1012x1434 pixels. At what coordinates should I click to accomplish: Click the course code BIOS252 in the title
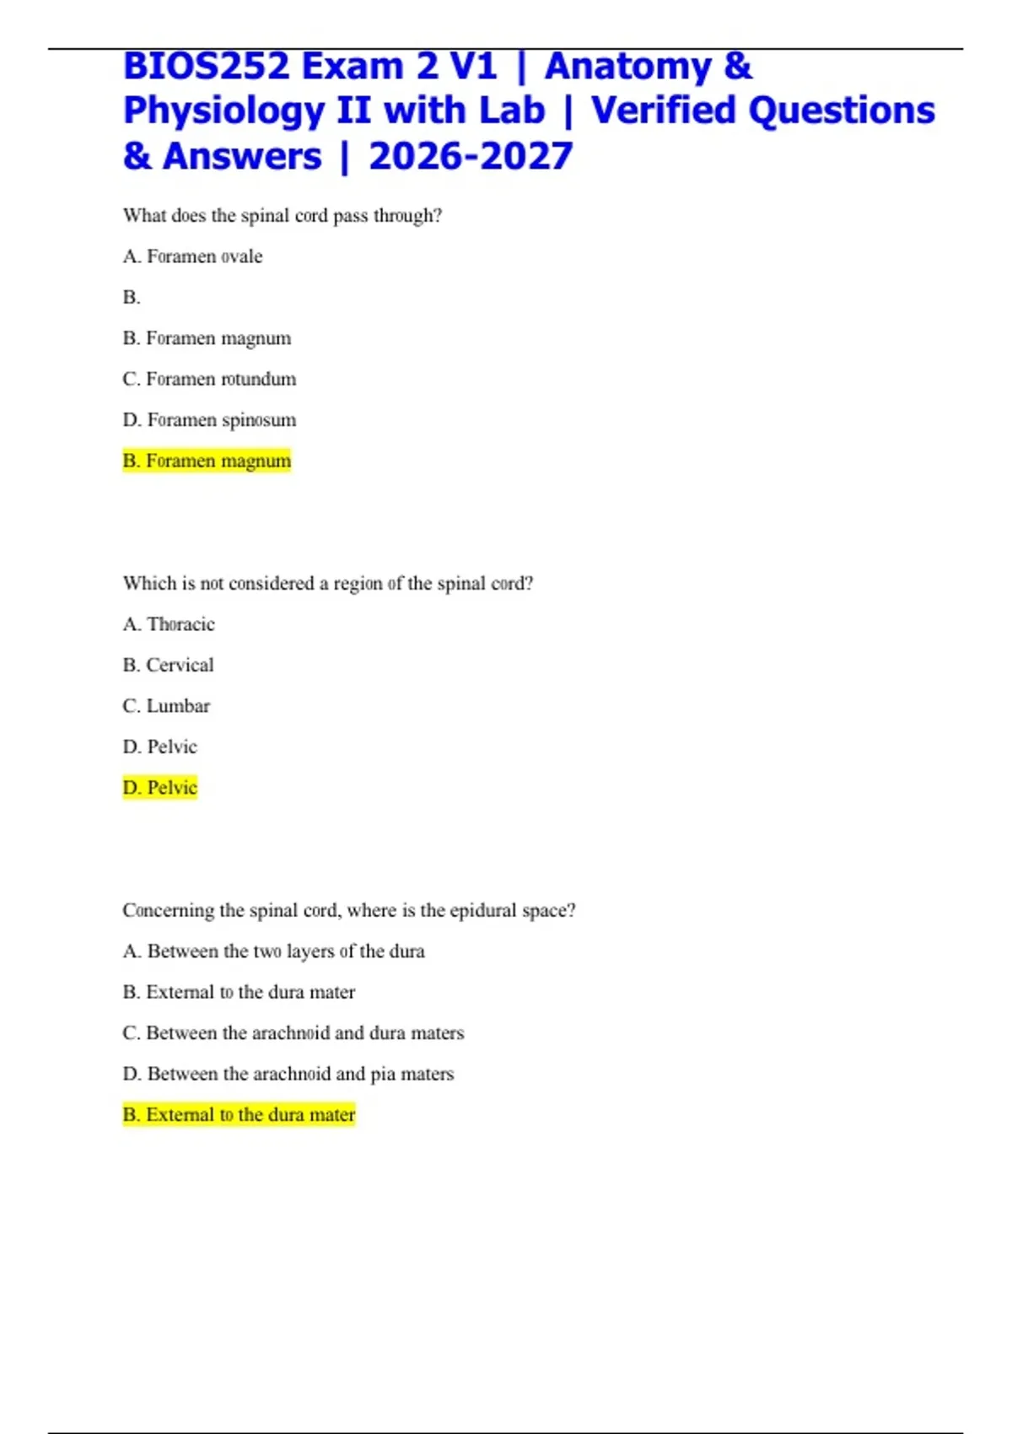206,67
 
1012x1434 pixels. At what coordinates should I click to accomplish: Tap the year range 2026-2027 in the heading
471,157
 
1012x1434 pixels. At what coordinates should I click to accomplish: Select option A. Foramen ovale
192,256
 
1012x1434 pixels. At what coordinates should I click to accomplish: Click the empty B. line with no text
132,298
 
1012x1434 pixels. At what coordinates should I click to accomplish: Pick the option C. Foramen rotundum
209,380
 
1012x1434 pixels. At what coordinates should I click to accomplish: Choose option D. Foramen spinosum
209,420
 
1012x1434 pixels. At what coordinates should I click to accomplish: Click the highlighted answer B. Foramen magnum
207,461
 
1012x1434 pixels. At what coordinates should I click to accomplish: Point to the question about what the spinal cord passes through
283,216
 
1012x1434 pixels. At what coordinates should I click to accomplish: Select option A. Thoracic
169,624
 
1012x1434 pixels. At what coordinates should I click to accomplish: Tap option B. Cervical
168,666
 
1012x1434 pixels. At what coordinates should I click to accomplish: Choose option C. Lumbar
166,706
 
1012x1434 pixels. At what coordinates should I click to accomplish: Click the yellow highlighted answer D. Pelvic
159,788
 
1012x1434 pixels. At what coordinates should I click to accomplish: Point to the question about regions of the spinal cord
328,584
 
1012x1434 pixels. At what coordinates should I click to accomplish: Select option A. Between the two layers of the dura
273,952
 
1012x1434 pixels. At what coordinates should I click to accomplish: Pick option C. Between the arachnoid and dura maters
293,1033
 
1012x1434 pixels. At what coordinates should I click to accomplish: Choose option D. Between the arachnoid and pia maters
288,1074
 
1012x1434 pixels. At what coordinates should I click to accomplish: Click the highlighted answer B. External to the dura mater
239,1115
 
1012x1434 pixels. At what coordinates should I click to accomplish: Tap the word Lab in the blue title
512,111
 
